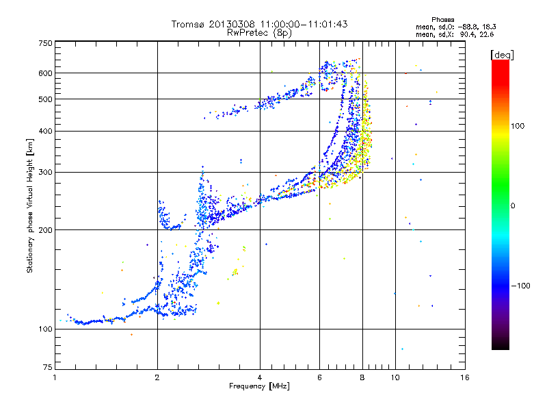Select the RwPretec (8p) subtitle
click(x=259, y=32)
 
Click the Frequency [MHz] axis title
click(x=259, y=387)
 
